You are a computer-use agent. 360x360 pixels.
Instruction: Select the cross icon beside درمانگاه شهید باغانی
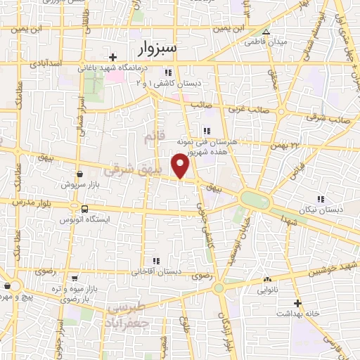112,57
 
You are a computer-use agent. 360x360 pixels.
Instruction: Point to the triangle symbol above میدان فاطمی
266,32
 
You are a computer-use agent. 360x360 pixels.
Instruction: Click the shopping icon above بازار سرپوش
79,174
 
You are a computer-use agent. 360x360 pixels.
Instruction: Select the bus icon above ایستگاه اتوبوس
85,209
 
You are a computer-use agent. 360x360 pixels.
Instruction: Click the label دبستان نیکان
321,210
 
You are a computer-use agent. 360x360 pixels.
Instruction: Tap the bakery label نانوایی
267,289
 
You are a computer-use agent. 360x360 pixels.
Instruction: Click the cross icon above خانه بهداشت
297,303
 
